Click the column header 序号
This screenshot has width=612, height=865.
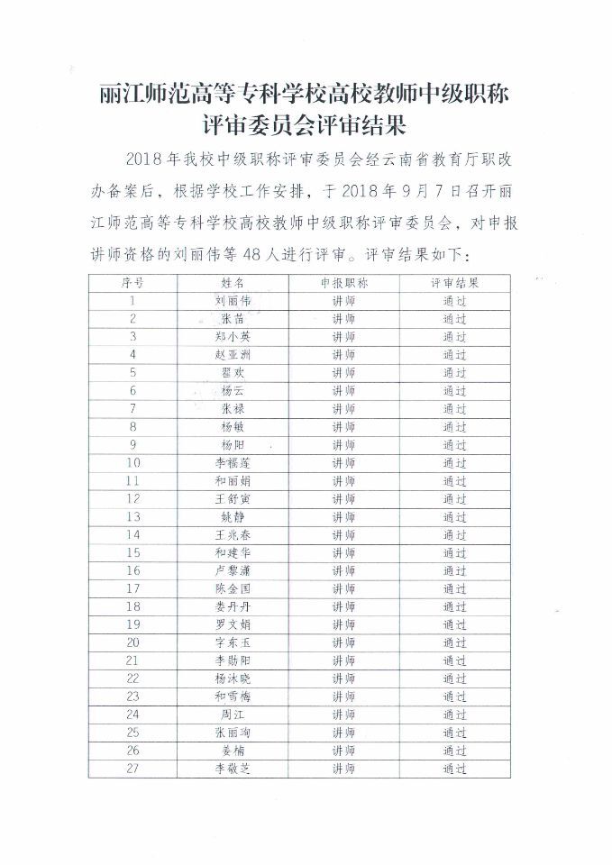click(132, 282)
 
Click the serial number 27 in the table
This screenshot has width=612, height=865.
click(132, 769)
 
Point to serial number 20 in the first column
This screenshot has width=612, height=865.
click(132, 642)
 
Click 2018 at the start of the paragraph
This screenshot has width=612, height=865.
click(144, 159)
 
